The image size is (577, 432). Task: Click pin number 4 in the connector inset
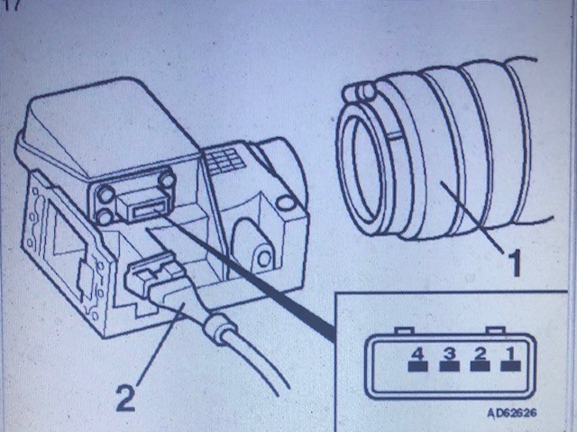pos(418,354)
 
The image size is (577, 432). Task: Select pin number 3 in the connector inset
pos(449,354)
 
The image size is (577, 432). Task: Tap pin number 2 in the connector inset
pos(481,354)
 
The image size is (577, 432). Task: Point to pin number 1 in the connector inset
pos(511,354)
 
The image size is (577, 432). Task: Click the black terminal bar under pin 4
pos(418,366)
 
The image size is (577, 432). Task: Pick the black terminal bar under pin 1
pos(511,366)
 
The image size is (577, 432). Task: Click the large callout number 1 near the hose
pos(514,262)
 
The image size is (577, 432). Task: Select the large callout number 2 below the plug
pos(125,397)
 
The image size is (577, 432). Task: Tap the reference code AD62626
pos(511,412)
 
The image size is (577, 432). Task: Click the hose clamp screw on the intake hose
pos(360,92)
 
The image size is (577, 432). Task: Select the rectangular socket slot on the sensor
pos(148,212)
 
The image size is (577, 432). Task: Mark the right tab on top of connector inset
pos(494,330)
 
